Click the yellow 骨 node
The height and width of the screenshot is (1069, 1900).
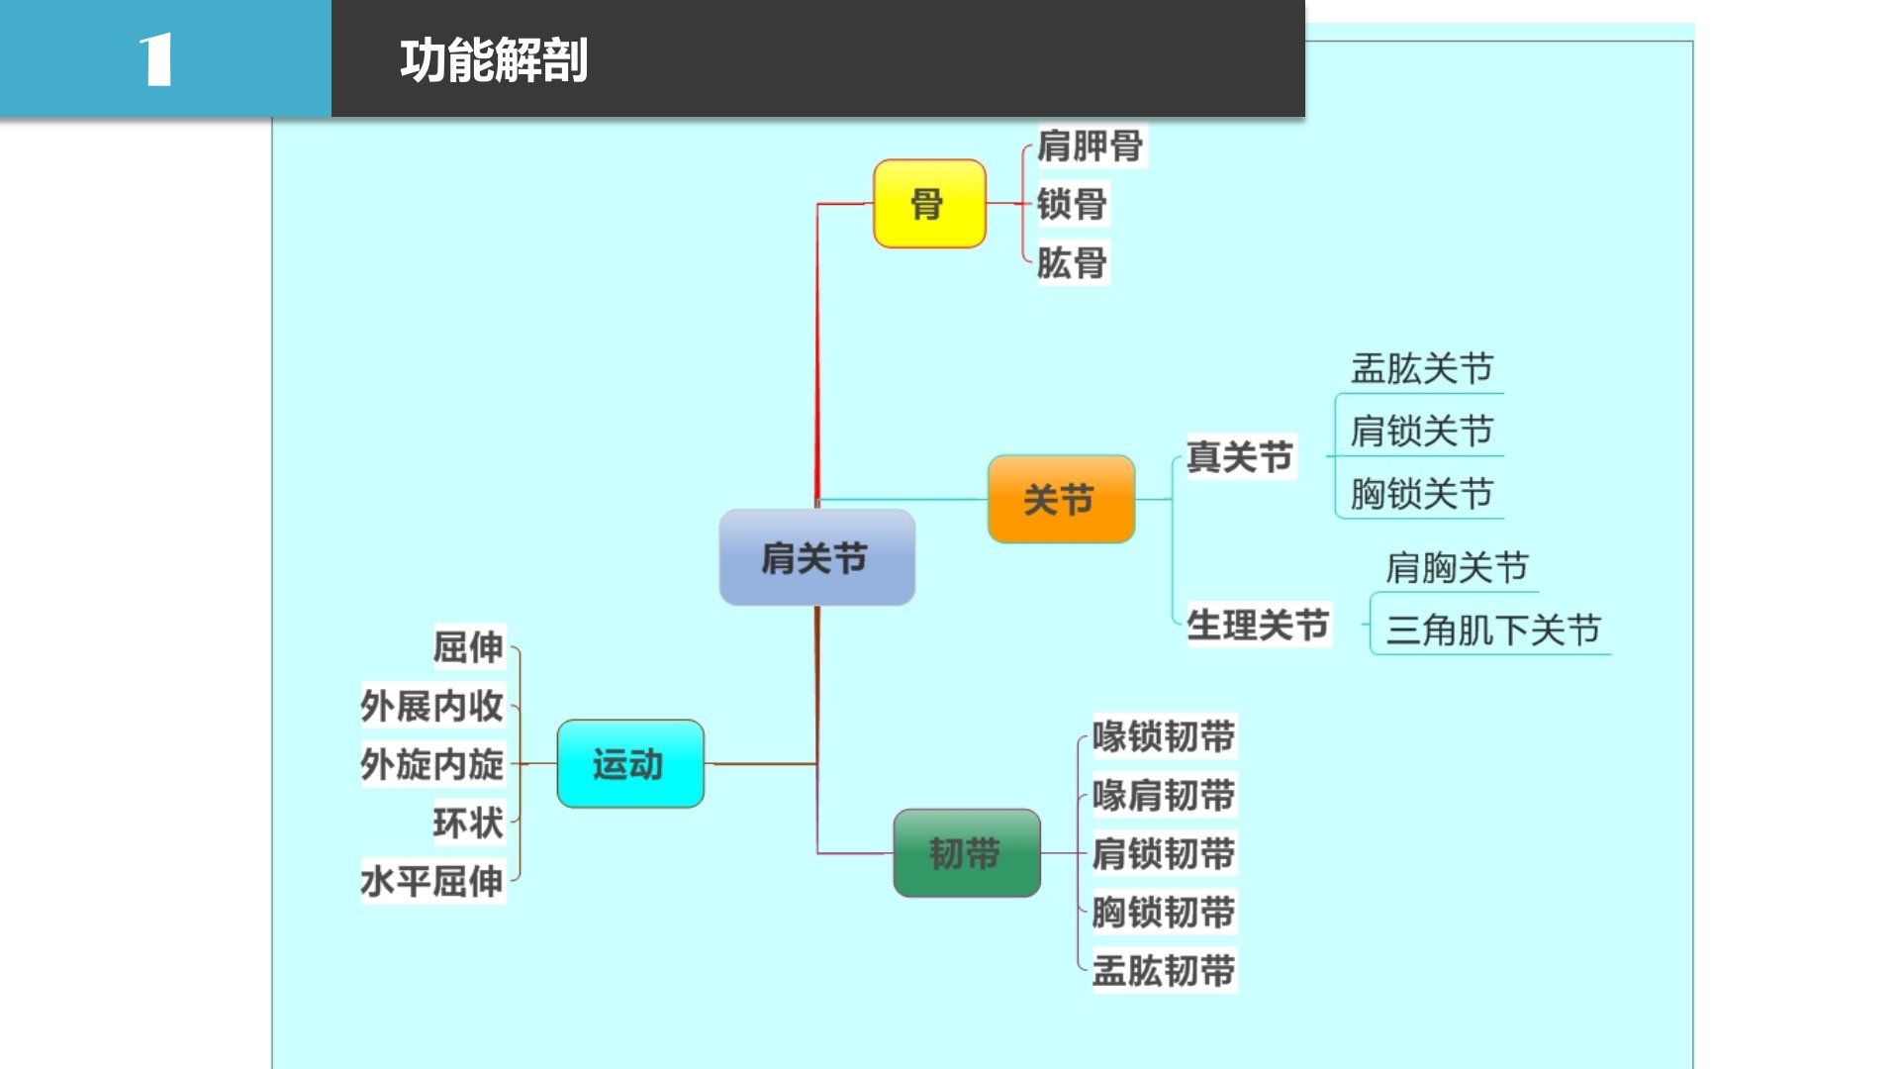(x=928, y=204)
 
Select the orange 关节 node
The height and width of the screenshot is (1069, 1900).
(x=1060, y=500)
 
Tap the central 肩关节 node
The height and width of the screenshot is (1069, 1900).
(x=815, y=558)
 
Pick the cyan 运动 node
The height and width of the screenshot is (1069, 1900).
(x=629, y=764)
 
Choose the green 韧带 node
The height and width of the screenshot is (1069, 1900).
(x=966, y=853)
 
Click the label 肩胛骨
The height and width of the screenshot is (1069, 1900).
(x=1090, y=146)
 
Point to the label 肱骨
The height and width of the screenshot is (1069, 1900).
(x=1072, y=263)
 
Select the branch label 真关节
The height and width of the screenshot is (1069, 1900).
(x=1239, y=457)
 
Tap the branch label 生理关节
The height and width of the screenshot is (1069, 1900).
(x=1257, y=626)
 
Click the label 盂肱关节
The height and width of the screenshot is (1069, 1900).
(x=1421, y=369)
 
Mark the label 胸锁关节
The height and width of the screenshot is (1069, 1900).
(x=1421, y=494)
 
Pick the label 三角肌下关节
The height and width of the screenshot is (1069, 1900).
(x=1492, y=631)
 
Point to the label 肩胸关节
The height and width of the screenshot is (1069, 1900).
(x=1457, y=568)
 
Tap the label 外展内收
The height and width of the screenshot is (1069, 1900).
(x=432, y=707)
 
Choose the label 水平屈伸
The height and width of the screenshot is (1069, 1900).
(x=432, y=881)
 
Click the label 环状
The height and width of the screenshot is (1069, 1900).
(x=468, y=823)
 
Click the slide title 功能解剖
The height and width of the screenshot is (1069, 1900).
(x=494, y=60)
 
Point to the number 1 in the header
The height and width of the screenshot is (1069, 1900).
(x=156, y=60)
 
